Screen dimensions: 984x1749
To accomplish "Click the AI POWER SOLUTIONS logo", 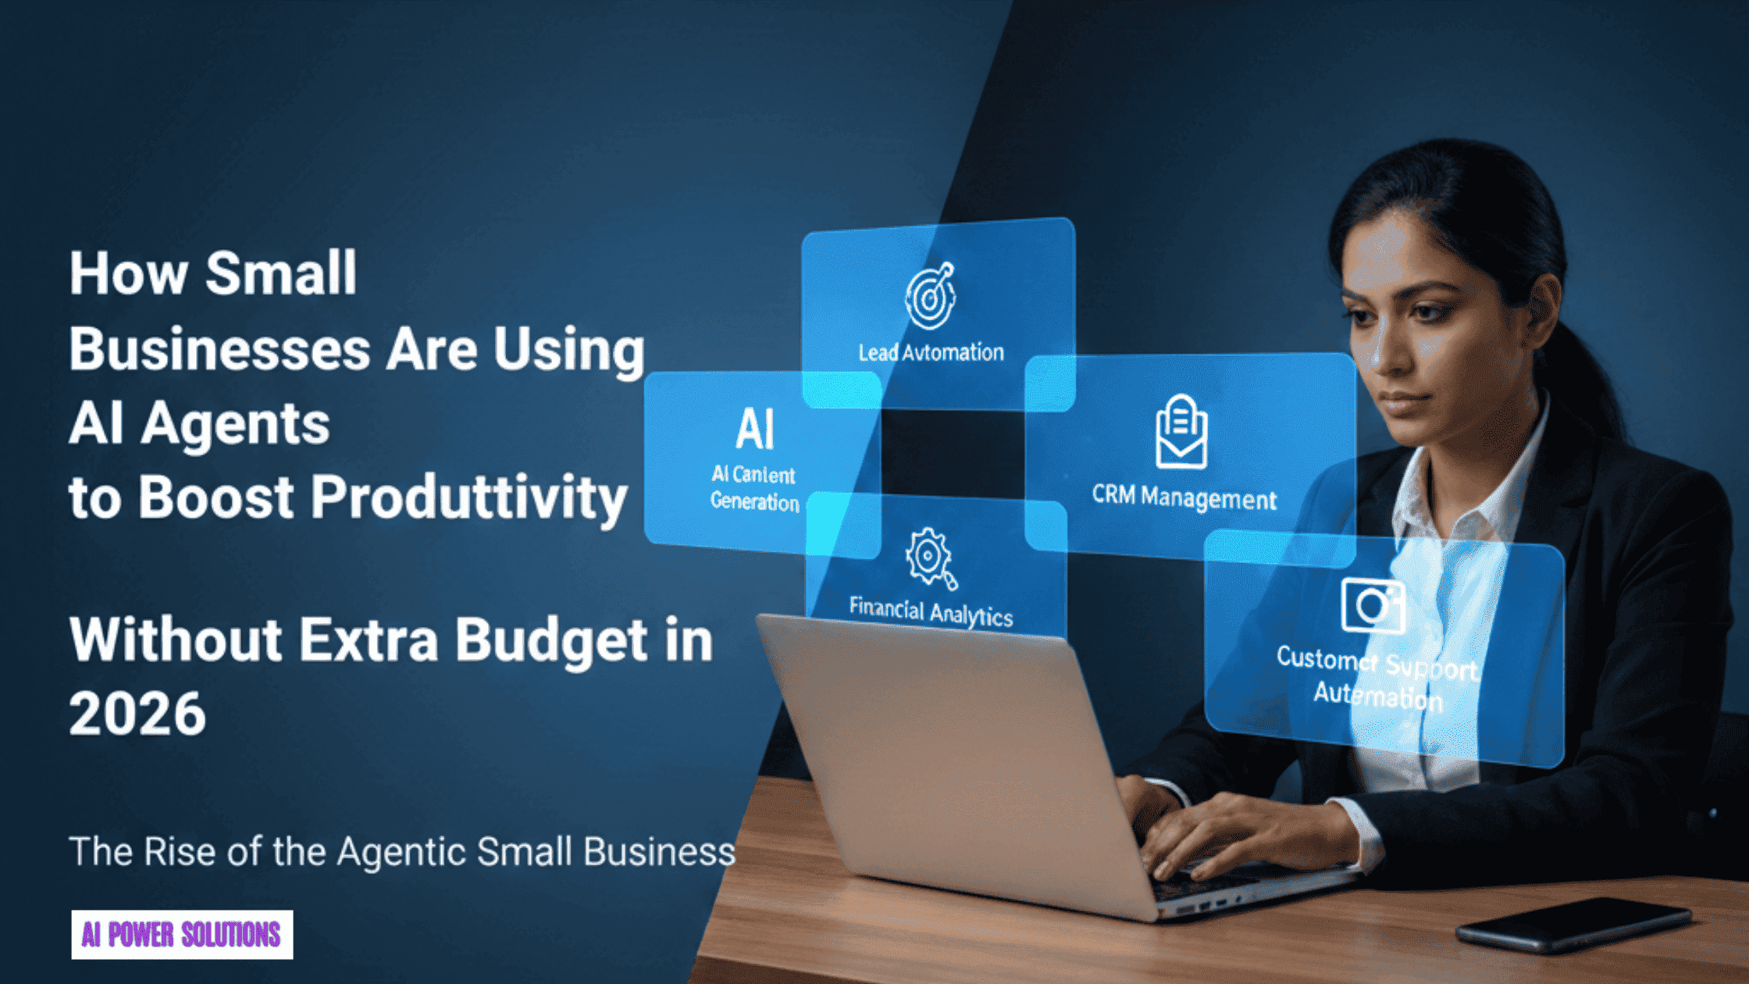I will point(182,934).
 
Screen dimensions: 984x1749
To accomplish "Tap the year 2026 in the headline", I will point(137,714).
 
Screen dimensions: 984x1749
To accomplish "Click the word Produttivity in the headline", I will point(469,497).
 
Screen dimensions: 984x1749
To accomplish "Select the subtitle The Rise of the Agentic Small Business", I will point(401,851).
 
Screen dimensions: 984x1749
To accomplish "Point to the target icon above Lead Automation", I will point(930,295).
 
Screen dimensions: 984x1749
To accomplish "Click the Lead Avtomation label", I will point(931,353).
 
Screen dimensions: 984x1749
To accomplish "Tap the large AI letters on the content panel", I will point(754,430).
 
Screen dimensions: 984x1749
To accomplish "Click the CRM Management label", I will point(1184,497).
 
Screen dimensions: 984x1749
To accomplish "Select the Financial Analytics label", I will point(931,611).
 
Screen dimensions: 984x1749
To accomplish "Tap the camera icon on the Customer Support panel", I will point(1373,605).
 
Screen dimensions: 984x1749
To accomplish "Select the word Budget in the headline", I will point(551,640).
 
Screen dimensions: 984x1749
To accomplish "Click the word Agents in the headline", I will point(235,424).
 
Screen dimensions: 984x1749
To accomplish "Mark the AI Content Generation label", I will point(754,488).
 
